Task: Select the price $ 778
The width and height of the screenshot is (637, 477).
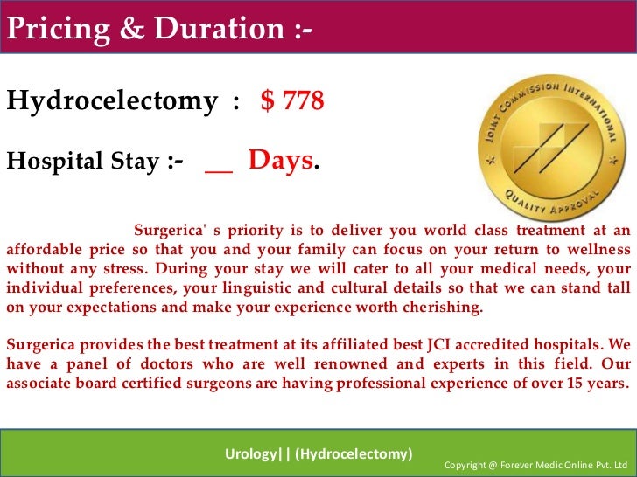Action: pos(292,101)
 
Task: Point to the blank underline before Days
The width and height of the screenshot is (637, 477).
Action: pos(219,166)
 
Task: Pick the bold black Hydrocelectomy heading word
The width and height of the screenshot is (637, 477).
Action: pos(112,102)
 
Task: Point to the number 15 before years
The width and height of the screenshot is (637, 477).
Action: pos(568,384)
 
